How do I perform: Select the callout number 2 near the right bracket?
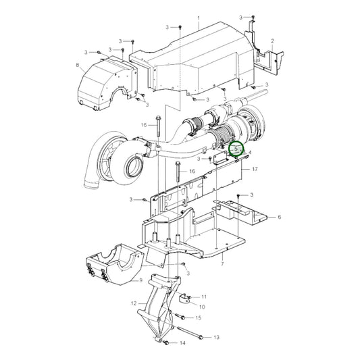pyautogui.click(x=272, y=41)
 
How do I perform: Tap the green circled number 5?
pyautogui.click(x=236, y=149)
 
